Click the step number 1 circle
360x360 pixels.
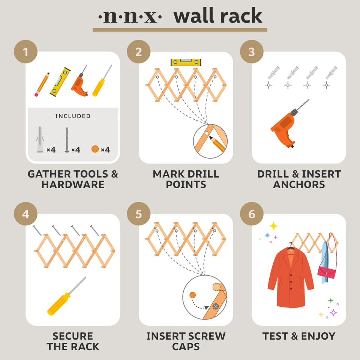coord(25,51)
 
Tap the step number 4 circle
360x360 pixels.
coord(25,214)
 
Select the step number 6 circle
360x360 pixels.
coord(252,214)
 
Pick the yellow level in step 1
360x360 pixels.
coord(60,82)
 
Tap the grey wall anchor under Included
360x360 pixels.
coord(40,140)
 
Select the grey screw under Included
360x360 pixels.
coord(67,140)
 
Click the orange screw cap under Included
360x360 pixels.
coord(95,149)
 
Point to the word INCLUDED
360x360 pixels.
coord(73,116)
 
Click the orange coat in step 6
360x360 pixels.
coord(290,277)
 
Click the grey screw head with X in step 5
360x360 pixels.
coord(216,306)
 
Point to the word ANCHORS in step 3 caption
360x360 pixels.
coord(299,184)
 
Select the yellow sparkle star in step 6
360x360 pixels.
coord(274,226)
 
